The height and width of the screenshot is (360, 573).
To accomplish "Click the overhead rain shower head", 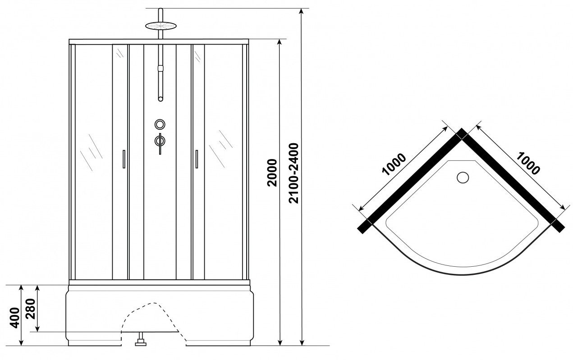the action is click(161, 26).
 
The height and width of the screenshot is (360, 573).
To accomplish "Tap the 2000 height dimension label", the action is click(272, 173).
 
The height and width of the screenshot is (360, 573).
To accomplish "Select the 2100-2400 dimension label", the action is click(293, 173).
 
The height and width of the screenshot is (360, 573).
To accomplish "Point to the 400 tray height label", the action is click(14, 318).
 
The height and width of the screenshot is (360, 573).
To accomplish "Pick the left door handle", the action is click(124, 159).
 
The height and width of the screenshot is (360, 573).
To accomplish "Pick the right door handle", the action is click(197, 159).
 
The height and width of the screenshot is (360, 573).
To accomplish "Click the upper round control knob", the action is click(160, 124).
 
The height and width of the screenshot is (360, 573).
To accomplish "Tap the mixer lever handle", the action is click(160, 143).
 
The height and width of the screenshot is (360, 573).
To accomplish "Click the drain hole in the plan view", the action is click(463, 177).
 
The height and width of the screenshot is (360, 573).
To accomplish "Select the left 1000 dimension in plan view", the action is click(394, 164).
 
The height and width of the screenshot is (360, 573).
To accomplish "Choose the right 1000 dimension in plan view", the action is click(527, 164).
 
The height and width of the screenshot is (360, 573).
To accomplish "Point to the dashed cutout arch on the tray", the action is click(153, 303).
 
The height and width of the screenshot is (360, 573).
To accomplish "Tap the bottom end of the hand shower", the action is click(160, 99).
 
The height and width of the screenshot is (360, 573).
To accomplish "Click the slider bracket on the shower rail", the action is click(160, 68).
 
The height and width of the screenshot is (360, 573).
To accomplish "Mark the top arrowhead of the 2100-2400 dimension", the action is click(302, 11).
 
